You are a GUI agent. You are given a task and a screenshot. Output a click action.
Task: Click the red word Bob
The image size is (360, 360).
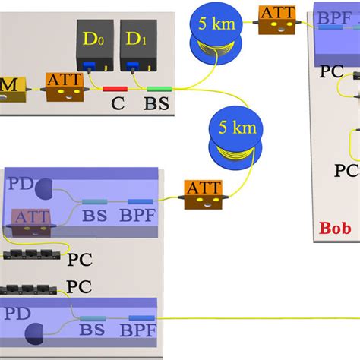tap(335, 227)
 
